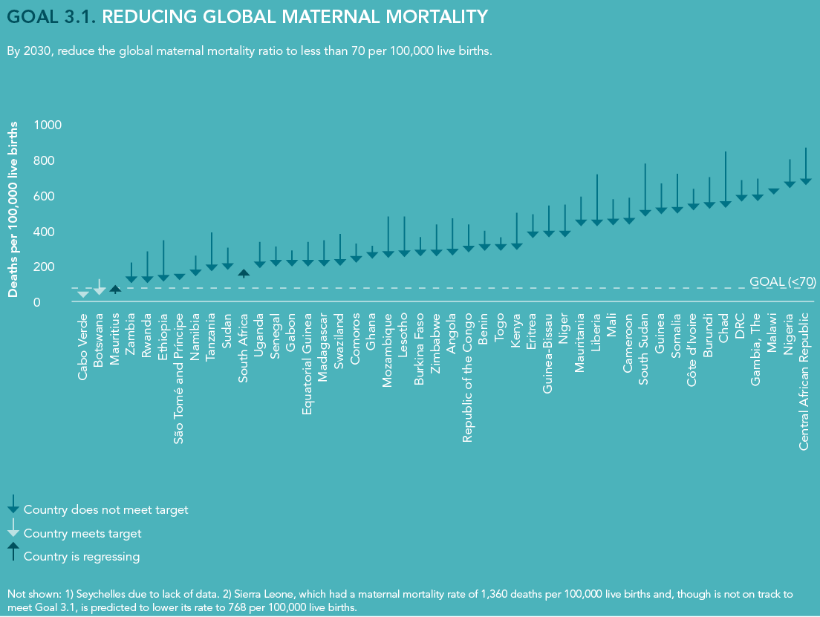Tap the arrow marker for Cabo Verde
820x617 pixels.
pyautogui.click(x=82, y=294)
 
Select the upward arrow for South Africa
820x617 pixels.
pyautogui.click(x=244, y=273)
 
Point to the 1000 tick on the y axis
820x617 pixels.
pyautogui.click(x=48, y=125)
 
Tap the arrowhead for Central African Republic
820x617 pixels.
pyautogui.click(x=806, y=180)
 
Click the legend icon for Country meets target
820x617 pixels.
pyautogui.click(x=13, y=529)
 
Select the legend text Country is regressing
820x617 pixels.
pyautogui.click(x=82, y=556)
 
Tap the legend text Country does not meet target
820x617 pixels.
pyautogui.click(x=105, y=510)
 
